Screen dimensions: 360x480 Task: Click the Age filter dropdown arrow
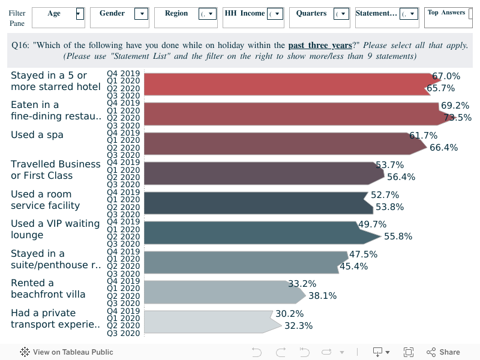79,14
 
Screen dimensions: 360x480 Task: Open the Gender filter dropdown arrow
142,14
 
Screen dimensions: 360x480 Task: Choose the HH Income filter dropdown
275,14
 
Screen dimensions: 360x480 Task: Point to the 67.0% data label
446,76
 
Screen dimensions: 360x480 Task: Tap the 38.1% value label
322,295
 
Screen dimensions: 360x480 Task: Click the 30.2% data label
289,313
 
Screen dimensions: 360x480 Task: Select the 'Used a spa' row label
37,134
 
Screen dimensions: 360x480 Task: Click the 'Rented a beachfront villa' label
48,289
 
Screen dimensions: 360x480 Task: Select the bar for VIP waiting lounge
252,232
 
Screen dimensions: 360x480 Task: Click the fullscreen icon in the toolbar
409,352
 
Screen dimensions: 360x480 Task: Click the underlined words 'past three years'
320,45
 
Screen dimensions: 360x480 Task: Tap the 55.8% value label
398,236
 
